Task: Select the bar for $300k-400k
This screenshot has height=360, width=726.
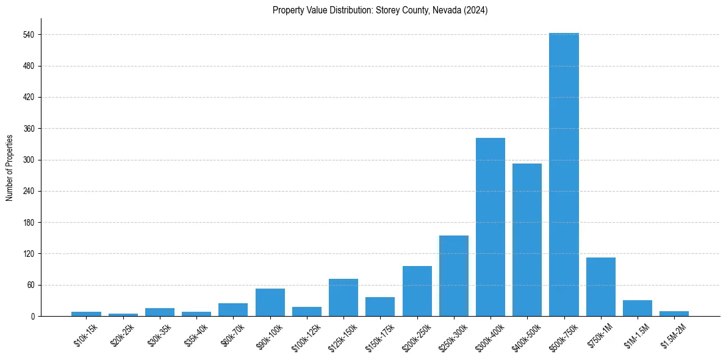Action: point(491,227)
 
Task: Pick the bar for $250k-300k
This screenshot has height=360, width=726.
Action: point(454,276)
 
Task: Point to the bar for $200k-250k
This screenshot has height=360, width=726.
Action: point(417,291)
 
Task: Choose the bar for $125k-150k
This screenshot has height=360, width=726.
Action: point(343,298)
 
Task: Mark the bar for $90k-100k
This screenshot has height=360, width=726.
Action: point(270,303)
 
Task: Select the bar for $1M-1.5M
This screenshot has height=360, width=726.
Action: point(638,308)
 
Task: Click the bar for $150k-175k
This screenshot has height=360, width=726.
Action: point(380,307)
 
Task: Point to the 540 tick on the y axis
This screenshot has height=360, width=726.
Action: point(31,35)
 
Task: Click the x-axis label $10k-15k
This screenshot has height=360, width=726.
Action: point(86,335)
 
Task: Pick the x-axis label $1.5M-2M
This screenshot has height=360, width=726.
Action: point(673,336)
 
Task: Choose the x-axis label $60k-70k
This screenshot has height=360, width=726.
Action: point(234,335)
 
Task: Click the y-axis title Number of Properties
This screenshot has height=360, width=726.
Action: point(9,167)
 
